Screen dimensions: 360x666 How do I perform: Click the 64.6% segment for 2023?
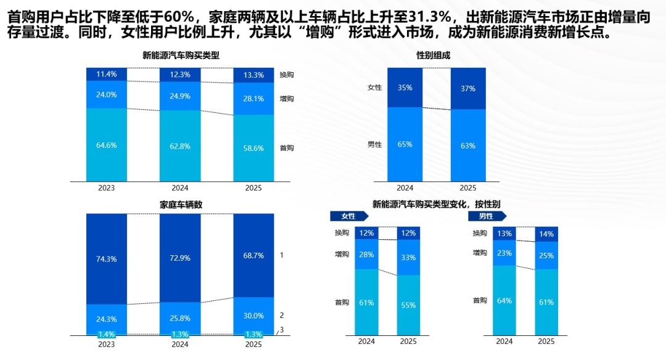tap(106, 145)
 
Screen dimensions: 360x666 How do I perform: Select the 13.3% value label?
tap(253, 75)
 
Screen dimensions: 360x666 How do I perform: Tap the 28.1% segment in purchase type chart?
tap(253, 99)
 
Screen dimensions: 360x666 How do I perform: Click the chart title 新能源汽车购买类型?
tap(181, 55)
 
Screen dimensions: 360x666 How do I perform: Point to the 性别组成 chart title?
tap(433, 55)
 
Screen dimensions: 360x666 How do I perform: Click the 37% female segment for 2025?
tap(468, 88)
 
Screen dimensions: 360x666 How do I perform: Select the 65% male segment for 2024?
tap(405, 144)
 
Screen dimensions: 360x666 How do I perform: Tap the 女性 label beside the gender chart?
tap(375, 88)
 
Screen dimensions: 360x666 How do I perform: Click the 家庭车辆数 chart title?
tap(181, 205)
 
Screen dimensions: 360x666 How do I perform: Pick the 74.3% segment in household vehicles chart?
tap(106, 259)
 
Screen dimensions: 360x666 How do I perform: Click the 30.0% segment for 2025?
tap(253, 316)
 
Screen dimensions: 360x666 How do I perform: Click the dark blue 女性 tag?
tap(349, 216)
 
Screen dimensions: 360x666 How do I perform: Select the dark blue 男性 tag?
tap(487, 216)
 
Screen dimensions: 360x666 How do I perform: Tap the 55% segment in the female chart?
tap(408, 305)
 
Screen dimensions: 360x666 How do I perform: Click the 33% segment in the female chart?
tap(408, 257)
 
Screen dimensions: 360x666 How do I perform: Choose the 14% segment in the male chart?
tap(546, 234)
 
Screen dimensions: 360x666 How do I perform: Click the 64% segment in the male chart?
tap(504, 301)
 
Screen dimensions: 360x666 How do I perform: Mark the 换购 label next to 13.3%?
tap(287, 75)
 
